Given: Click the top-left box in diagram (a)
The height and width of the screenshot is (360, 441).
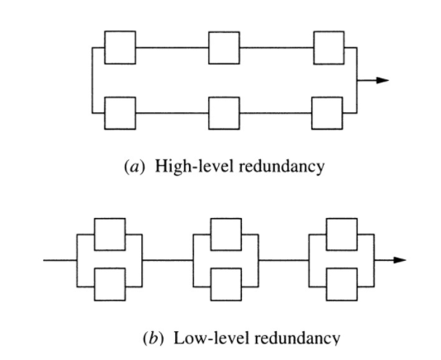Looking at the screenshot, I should (x=120, y=47).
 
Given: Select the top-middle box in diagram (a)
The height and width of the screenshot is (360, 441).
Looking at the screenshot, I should (x=224, y=47).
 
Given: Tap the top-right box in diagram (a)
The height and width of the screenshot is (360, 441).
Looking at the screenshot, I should (x=329, y=47).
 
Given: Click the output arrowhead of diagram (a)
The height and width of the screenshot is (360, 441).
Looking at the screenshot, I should (x=381, y=80).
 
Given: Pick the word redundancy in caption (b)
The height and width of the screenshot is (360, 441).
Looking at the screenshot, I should (x=277, y=337).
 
